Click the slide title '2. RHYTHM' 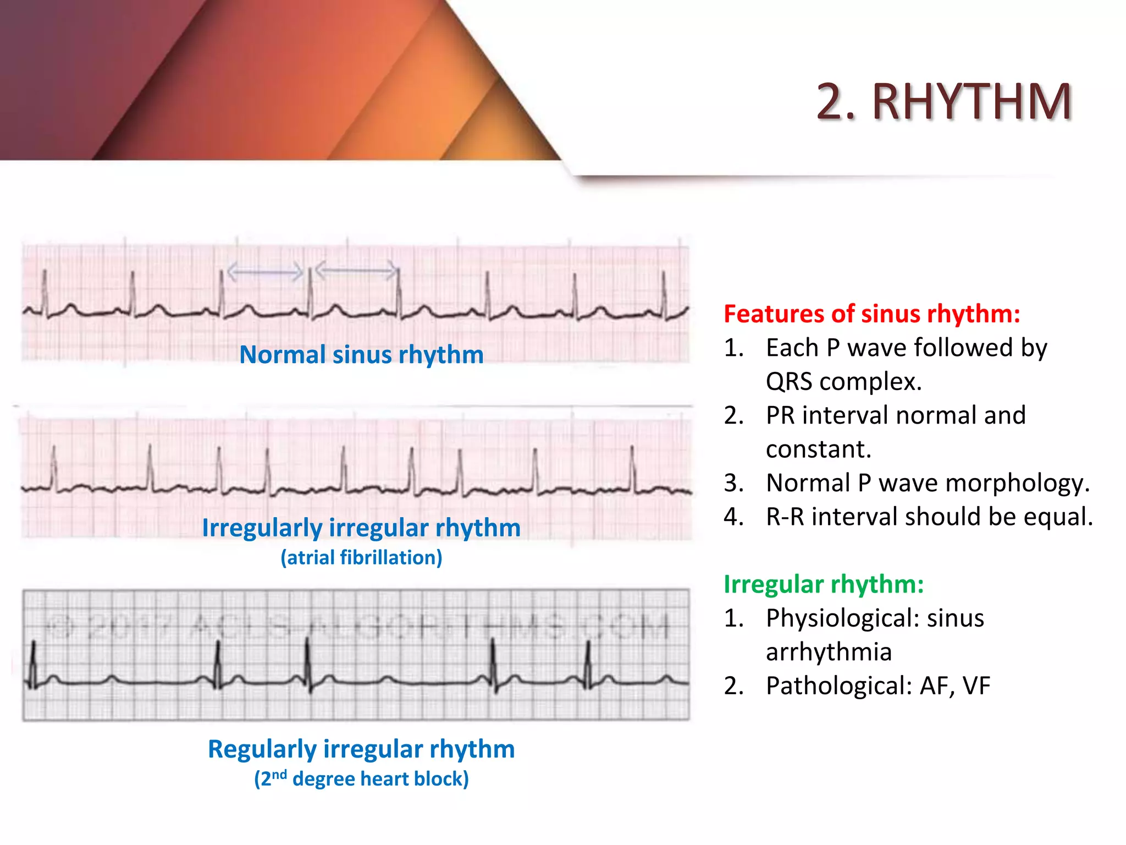coord(943,102)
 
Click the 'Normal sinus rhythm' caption coord(361,355)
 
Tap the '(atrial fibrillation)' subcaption coord(361,558)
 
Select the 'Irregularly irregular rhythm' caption coord(361,528)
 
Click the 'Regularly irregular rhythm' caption coord(361,749)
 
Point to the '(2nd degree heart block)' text coord(361,779)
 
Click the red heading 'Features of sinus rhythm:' coord(871,314)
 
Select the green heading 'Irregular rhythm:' coord(823,584)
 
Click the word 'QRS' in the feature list coord(789,382)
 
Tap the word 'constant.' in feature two coord(818,449)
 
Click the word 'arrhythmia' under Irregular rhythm coord(829,652)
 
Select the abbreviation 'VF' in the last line coord(976,686)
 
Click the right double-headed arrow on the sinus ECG coord(356,270)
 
